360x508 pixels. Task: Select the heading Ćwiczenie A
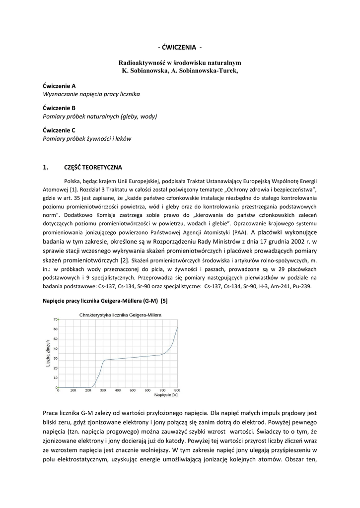pos(59,85)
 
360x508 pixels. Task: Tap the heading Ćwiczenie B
pos(59,108)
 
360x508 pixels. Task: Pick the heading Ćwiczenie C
pos(59,130)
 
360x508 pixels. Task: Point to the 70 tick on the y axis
pos(55,319)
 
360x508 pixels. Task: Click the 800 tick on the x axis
pos(177,390)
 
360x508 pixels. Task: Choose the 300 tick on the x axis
pos(103,390)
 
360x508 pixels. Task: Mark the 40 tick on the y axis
pos(55,348)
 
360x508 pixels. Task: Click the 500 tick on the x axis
pos(133,390)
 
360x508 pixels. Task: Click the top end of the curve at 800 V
pos(177,328)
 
